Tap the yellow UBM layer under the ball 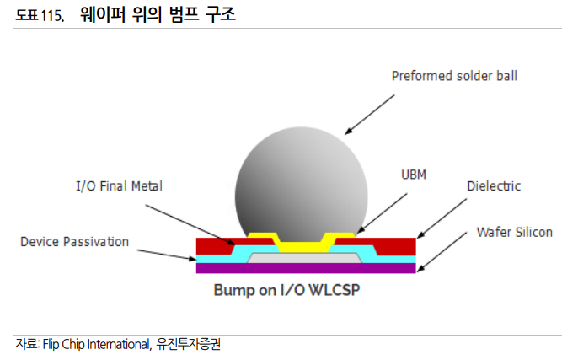[306, 244]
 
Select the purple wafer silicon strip [305, 269]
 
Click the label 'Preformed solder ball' [454, 76]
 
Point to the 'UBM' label [413, 175]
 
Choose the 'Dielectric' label [494, 186]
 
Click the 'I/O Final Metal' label [113, 185]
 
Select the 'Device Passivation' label [74, 242]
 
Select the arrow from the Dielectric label [443, 217]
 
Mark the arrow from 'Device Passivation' [165, 254]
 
